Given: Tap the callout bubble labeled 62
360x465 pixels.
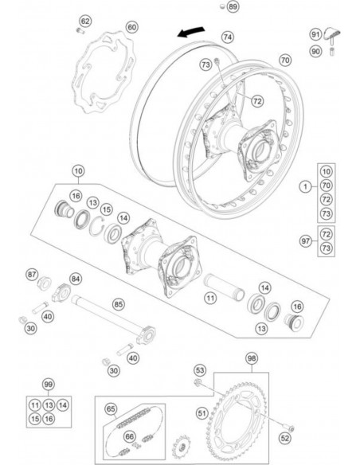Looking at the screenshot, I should [x=86, y=21].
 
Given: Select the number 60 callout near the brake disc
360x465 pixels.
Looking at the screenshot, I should [x=131, y=27].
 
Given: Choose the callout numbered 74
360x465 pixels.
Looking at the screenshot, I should [x=228, y=37].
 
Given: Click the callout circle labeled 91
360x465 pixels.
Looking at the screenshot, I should [x=315, y=34].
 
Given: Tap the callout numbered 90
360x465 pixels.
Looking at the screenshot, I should [x=315, y=53].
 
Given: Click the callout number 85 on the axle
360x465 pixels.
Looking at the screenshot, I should [x=118, y=303].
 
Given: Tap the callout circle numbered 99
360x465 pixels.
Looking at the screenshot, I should [x=49, y=383].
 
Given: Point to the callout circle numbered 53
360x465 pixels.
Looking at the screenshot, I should [x=200, y=370].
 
